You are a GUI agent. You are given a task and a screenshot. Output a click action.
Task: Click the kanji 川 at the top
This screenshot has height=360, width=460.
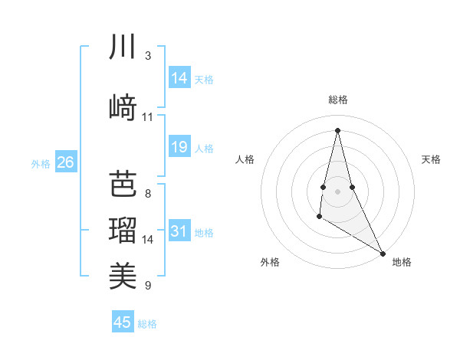tap(123, 47)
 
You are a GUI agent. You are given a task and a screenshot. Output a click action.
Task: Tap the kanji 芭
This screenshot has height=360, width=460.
tap(123, 185)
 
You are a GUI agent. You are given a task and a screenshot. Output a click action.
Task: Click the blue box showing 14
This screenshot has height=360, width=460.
tap(179, 78)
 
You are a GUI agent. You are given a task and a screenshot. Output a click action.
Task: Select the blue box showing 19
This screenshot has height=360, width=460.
tap(179, 147)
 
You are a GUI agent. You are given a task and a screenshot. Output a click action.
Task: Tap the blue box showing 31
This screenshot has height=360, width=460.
tap(179, 231)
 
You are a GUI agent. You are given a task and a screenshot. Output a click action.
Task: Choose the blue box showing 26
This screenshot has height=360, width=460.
tap(65, 162)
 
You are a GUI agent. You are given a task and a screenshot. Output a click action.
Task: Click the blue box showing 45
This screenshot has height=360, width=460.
tap(123, 322)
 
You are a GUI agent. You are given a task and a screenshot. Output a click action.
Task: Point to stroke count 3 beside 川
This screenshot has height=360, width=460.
tap(147, 57)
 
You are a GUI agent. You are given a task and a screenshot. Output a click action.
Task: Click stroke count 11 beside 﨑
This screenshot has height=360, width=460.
tap(147, 117)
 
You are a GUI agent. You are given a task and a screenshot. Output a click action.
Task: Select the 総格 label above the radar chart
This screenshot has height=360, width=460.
tap(338, 100)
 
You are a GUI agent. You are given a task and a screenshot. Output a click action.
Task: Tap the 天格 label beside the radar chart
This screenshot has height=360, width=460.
tap(431, 159)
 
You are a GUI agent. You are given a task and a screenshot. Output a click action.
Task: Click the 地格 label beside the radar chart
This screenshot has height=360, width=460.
tap(402, 262)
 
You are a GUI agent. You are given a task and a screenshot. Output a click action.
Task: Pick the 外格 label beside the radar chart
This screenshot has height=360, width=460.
tap(270, 262)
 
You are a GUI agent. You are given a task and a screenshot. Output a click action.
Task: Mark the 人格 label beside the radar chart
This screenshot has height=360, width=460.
tap(245, 159)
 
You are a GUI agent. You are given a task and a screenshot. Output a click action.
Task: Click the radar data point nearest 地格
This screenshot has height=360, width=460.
tap(383, 253)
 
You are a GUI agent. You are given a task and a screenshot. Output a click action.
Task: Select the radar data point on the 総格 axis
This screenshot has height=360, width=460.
tap(338, 129)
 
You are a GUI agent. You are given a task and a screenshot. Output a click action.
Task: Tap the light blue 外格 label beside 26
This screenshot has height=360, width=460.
tap(40, 163)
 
